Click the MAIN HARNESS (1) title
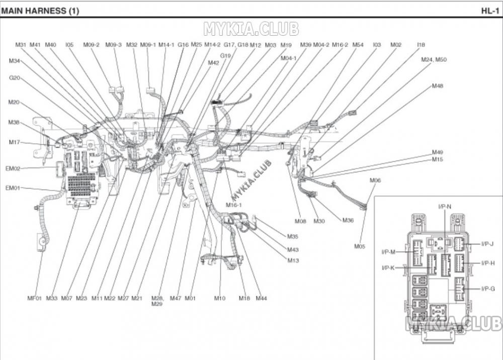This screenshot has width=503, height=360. [40, 11]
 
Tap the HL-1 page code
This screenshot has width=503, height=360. [490, 11]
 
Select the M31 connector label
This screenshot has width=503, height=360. [21, 45]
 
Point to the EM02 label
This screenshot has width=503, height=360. [13, 168]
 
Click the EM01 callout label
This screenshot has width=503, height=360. [13, 188]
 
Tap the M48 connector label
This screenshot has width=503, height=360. [437, 85]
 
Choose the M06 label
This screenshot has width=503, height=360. [375, 180]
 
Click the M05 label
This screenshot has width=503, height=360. [360, 246]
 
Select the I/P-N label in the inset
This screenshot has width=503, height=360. [445, 206]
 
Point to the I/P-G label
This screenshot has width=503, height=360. [488, 288]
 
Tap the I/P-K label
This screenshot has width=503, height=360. [388, 268]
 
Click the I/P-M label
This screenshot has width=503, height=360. [388, 251]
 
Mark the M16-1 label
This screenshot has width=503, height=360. [233, 205]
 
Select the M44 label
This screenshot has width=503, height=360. [261, 298]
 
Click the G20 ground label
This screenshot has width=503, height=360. [15, 78]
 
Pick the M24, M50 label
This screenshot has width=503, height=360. [434, 59]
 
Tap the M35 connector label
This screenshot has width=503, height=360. [293, 236]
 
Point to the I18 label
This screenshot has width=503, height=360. [421, 45]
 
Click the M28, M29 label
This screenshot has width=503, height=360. [157, 301]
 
